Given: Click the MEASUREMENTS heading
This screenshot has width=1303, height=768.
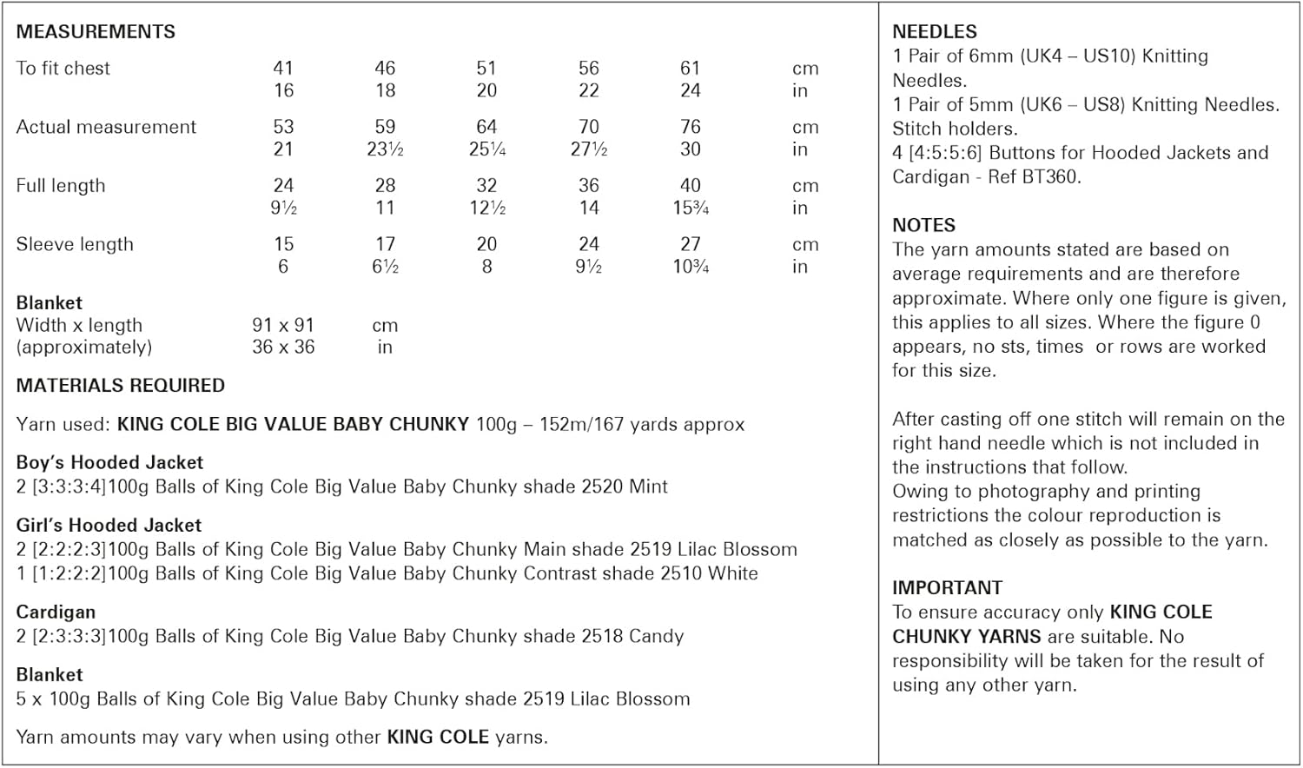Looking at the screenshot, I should pyautogui.click(x=96, y=32).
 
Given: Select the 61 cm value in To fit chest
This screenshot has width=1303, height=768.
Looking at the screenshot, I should pyautogui.click(x=690, y=68).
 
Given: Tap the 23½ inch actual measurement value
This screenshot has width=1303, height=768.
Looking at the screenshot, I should pyautogui.click(x=385, y=149).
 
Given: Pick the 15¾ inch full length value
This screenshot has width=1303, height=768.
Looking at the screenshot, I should pyautogui.click(x=690, y=209).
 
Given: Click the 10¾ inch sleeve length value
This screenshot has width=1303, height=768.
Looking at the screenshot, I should pyautogui.click(x=690, y=267).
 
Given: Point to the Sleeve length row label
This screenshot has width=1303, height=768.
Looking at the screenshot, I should pyautogui.click(x=75, y=244).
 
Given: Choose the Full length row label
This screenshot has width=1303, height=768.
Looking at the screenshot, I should pyautogui.click(x=61, y=186).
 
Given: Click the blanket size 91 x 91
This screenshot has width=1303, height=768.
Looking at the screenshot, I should pyautogui.click(x=283, y=325).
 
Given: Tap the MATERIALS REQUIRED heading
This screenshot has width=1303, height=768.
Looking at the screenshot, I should pyautogui.click(x=121, y=386).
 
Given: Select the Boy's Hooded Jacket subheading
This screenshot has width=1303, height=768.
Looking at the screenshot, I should pyautogui.click(x=109, y=462).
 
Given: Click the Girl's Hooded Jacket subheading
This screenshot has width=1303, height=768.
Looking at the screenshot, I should pyautogui.click(x=109, y=525).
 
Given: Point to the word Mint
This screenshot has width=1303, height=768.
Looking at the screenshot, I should pyautogui.click(x=648, y=487).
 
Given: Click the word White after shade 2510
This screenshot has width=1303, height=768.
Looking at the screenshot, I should pyautogui.click(x=732, y=573).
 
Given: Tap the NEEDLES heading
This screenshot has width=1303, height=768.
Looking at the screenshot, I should pyautogui.click(x=935, y=32).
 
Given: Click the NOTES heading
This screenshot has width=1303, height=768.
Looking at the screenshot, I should pyautogui.click(x=923, y=225).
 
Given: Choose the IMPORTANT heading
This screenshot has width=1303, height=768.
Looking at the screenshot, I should pyautogui.click(x=947, y=587).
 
